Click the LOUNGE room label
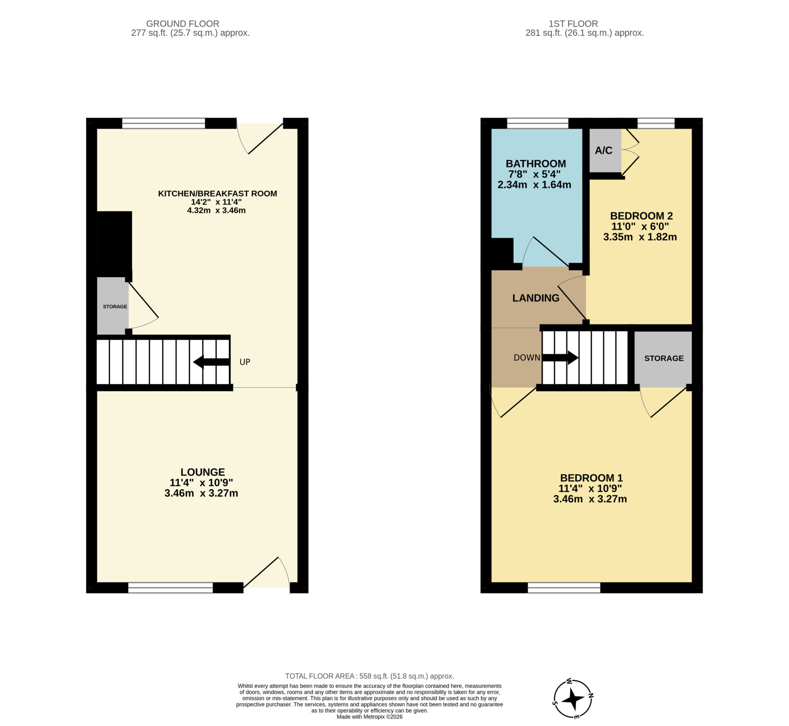[x=203, y=472]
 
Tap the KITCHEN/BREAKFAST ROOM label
[x=217, y=193]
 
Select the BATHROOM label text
[x=536, y=164]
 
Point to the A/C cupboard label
[x=604, y=150]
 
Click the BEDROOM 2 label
[x=641, y=216]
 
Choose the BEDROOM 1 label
[x=591, y=478]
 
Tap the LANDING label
[x=536, y=298]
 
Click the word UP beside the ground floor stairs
[x=245, y=362]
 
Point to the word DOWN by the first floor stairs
[x=527, y=358]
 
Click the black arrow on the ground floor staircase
[x=211, y=362]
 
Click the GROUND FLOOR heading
[x=183, y=24]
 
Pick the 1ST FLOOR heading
[x=573, y=24]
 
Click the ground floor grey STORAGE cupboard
[x=113, y=306]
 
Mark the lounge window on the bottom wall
[x=171, y=587]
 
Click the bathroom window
[x=538, y=123]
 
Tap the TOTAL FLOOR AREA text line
[x=369, y=676]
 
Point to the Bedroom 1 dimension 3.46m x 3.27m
[x=590, y=499]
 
